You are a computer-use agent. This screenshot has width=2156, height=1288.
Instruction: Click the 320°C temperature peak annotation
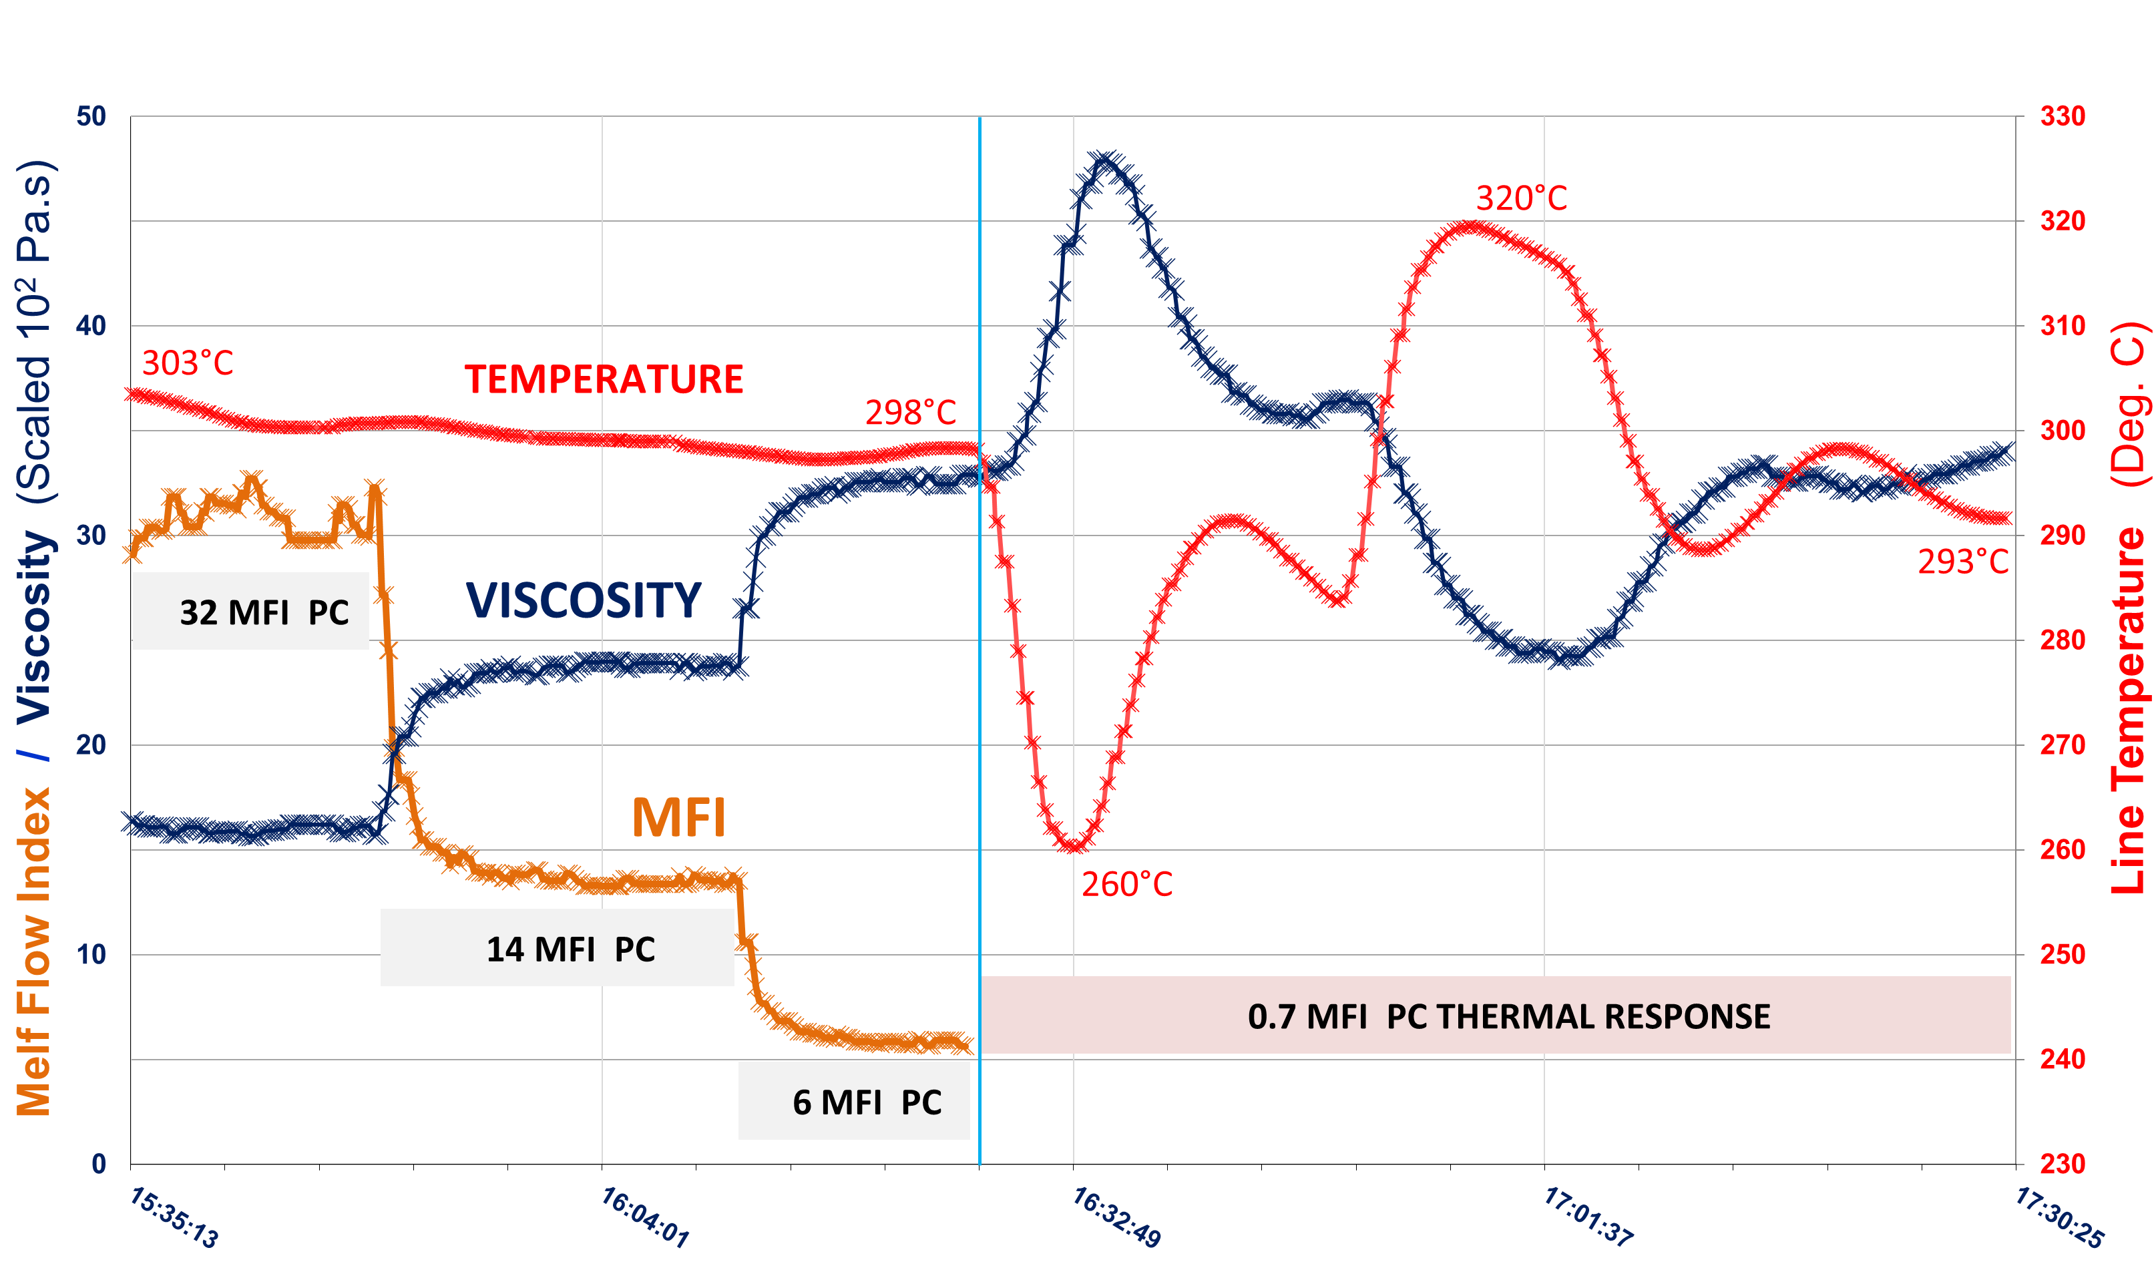tap(1522, 199)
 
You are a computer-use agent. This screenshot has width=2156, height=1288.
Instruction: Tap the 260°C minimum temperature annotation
tap(1126, 885)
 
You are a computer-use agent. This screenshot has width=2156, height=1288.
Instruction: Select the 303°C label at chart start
tap(188, 363)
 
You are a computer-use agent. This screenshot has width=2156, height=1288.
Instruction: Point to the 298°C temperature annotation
tap(911, 412)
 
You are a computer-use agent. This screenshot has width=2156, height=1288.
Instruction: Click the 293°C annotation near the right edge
tap(1963, 562)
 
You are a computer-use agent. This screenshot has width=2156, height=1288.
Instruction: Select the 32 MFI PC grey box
tap(251, 611)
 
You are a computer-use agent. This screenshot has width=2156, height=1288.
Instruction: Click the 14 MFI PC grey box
tap(558, 947)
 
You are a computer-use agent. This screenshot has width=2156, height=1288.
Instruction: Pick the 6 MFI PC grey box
tap(854, 1100)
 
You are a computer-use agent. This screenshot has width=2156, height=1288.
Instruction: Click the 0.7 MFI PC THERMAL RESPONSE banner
tap(1496, 1016)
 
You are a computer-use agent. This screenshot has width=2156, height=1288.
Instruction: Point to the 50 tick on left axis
tap(91, 116)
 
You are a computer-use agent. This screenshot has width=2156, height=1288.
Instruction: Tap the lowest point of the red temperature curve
tap(1074, 846)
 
